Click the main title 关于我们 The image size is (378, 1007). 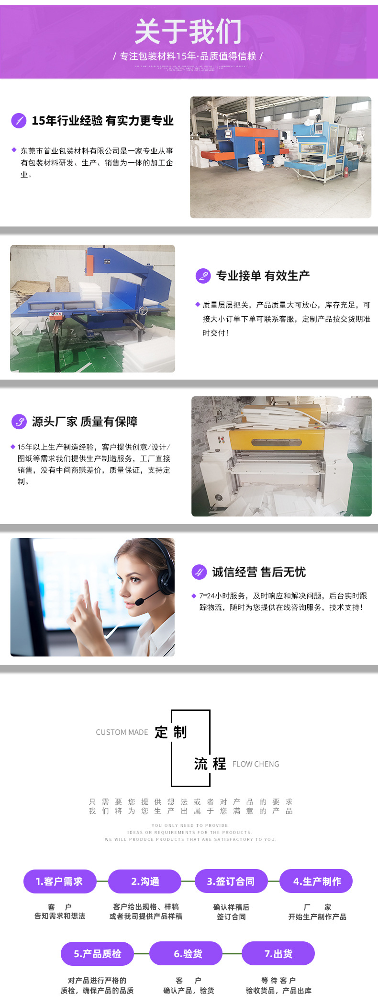[189, 32]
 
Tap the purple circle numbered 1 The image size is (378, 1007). [19, 120]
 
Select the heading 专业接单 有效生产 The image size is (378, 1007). [263, 275]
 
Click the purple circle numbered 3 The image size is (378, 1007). [19, 422]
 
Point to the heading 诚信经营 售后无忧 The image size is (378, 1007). [259, 572]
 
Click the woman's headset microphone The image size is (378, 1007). [140, 601]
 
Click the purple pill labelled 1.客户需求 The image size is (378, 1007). [60, 881]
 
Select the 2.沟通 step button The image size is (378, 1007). [145, 881]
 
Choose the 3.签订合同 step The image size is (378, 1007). [231, 881]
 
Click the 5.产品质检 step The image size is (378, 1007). [97, 953]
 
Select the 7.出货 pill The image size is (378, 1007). [278, 953]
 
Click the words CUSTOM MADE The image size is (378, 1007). [122, 732]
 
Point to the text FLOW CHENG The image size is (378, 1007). [256, 764]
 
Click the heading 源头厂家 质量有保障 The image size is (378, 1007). [85, 422]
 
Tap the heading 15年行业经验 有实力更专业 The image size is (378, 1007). [102, 121]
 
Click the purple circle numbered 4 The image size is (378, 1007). [199, 572]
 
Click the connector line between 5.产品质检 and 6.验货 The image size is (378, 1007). [142, 953]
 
